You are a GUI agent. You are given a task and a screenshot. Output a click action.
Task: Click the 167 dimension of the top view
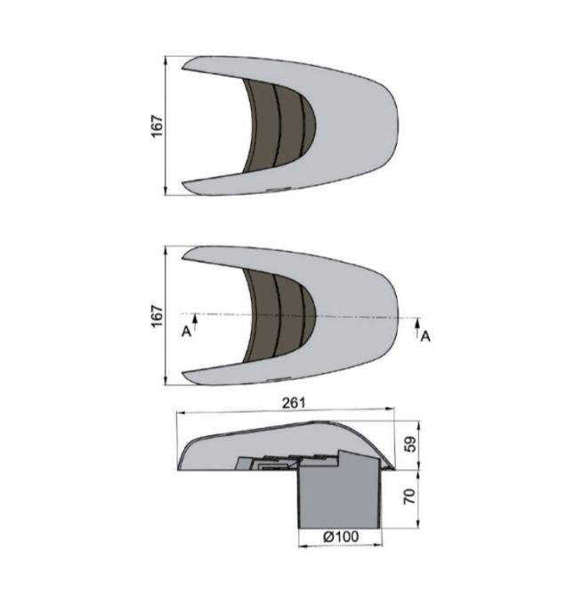pos(157,125)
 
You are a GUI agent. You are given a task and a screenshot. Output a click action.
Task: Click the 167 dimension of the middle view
pos(157,316)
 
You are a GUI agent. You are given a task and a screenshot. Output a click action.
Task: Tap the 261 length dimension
pos(294,402)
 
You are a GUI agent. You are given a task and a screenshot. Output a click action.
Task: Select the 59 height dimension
pos(410,444)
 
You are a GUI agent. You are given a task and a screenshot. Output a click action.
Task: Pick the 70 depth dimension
pos(409,497)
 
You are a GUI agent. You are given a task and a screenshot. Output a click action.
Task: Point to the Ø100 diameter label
pos(341,537)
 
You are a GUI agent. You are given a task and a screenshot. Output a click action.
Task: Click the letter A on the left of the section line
pos(186,332)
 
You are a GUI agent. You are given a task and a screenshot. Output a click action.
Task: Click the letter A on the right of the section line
pos(425,336)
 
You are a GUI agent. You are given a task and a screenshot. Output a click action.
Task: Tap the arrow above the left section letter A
pos(195,322)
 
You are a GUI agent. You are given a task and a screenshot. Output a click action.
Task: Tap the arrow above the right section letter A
pos(417,327)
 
